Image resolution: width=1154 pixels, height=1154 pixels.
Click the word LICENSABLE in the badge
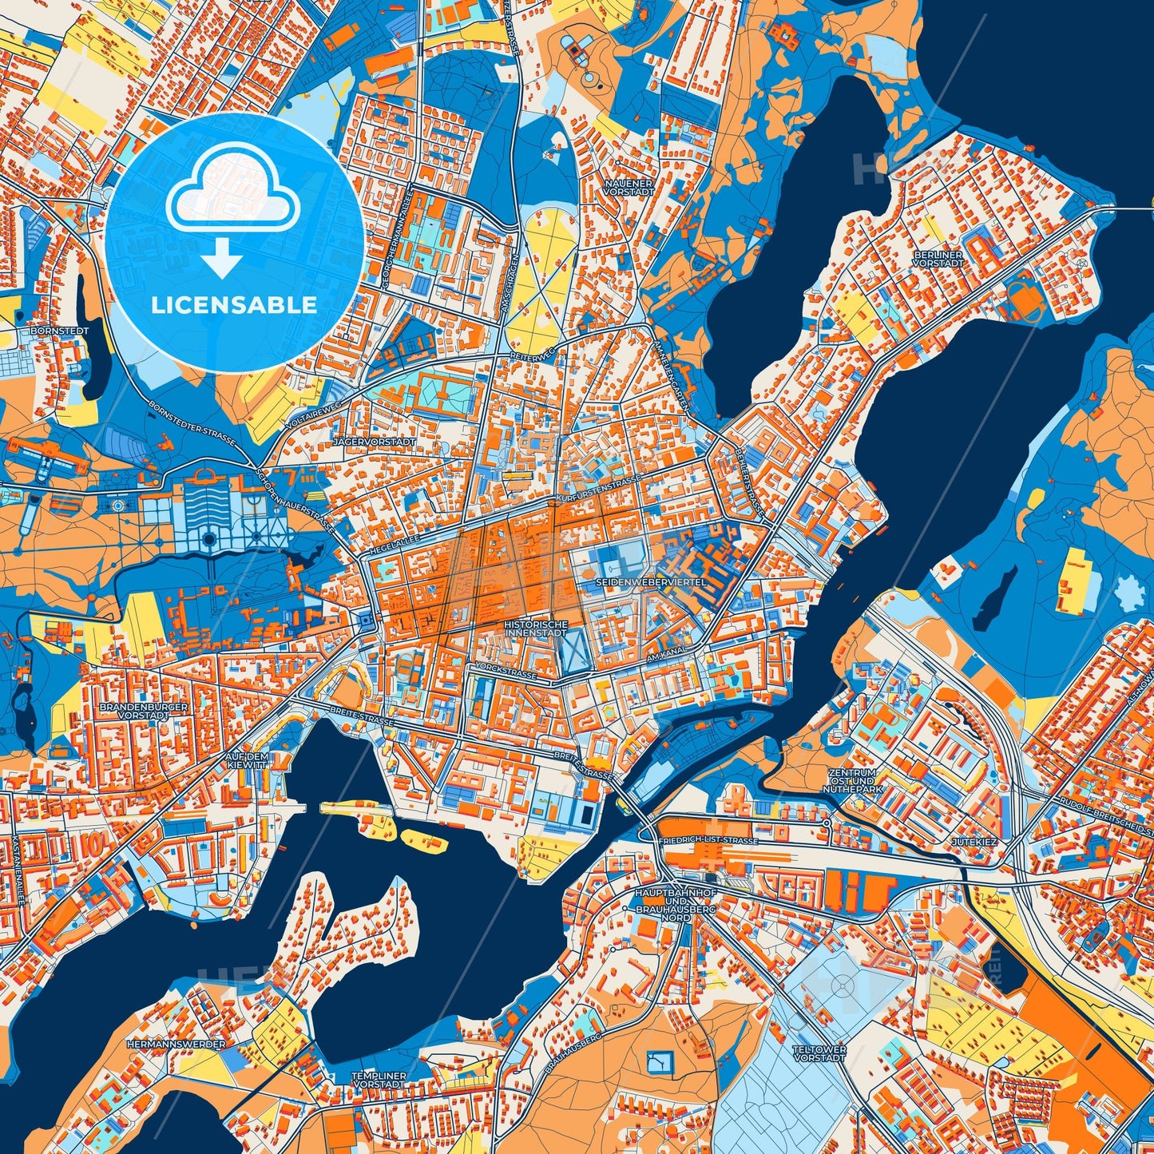(x=235, y=305)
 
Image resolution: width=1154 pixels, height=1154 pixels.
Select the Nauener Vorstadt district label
(x=629, y=188)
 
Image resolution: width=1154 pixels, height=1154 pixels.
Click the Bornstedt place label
(x=59, y=330)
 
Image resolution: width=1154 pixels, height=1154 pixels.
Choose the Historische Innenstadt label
(x=536, y=629)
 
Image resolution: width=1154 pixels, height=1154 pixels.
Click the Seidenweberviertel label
(x=650, y=583)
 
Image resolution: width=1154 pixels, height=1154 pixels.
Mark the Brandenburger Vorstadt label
(x=132, y=711)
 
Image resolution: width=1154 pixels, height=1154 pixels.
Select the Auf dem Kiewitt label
(x=246, y=760)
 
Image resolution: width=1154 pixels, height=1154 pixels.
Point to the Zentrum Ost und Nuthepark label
(x=853, y=781)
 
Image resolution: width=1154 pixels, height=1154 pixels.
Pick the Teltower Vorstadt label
(x=819, y=1053)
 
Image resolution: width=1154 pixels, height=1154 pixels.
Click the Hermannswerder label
(x=176, y=1044)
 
